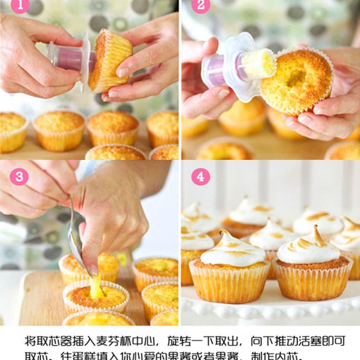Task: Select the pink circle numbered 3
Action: (x=19, y=177)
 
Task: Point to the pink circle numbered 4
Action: (x=201, y=177)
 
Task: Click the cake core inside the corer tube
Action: (x=258, y=64)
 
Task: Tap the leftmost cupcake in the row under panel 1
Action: (x=13, y=131)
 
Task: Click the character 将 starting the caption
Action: (x=31, y=341)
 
